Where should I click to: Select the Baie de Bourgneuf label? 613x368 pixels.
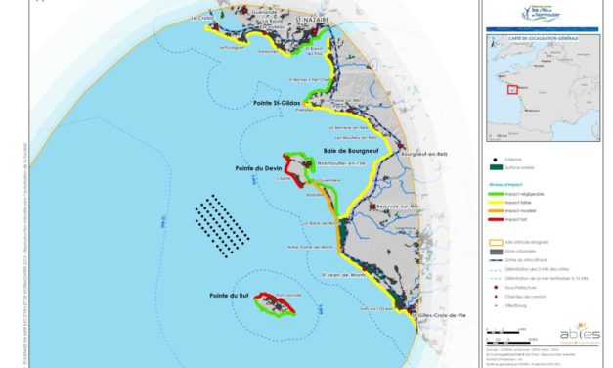(x=351, y=151)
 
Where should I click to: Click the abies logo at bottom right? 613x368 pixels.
(x=581, y=333)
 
